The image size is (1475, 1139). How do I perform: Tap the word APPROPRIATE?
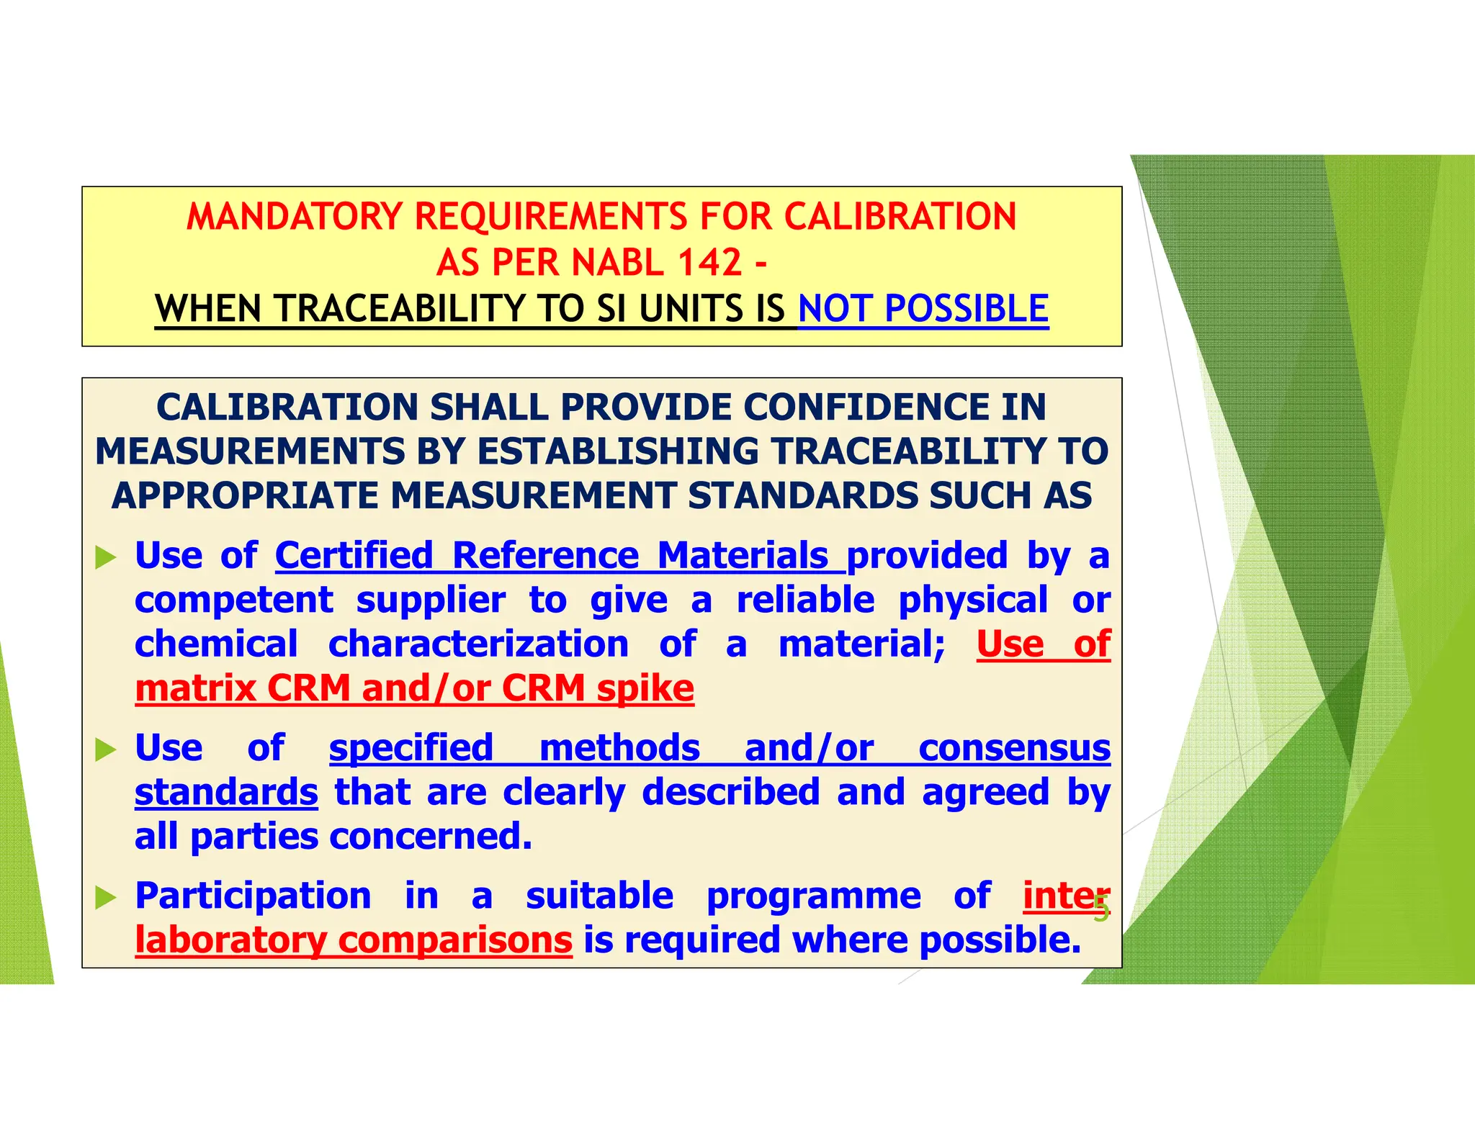point(245,496)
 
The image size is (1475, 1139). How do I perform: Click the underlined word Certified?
point(354,556)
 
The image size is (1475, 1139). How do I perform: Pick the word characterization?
point(478,644)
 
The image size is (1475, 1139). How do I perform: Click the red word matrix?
point(195,689)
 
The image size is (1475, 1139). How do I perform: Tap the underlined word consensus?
point(1014,748)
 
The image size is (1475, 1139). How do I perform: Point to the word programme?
point(814,896)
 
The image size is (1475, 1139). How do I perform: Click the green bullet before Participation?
point(106,898)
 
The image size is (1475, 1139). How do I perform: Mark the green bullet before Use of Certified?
point(106,557)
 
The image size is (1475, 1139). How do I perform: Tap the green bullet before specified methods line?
point(106,750)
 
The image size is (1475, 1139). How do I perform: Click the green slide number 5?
point(1100,910)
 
